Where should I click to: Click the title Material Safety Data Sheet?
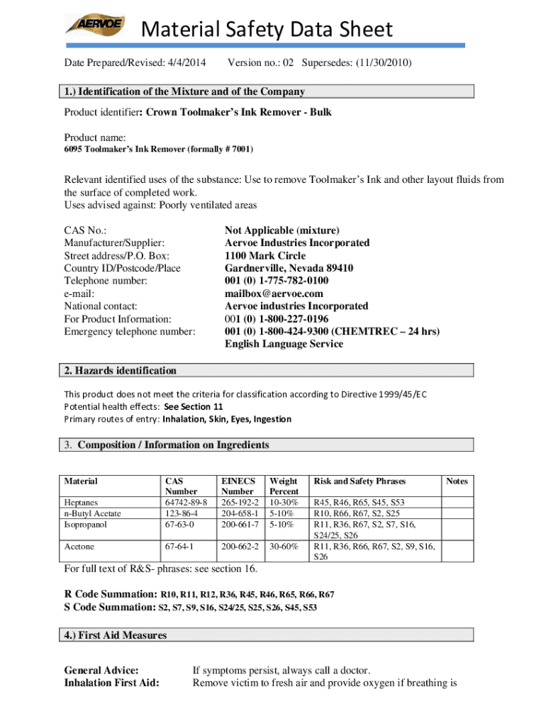pyautogui.click(x=267, y=29)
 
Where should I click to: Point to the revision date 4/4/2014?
pyautogui.click(x=187, y=63)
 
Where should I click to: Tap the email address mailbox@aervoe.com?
pyautogui.click(x=274, y=294)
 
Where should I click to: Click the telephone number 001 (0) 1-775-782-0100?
pyautogui.click(x=277, y=281)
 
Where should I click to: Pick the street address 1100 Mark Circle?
pyautogui.click(x=265, y=255)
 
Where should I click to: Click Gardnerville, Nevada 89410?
pyautogui.click(x=289, y=268)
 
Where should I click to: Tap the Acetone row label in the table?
pyautogui.click(x=79, y=547)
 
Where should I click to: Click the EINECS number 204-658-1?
pyautogui.click(x=238, y=513)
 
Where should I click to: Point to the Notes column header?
pyautogui.click(x=457, y=481)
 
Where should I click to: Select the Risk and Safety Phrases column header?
pyautogui.click(x=360, y=481)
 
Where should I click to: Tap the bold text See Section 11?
pyautogui.click(x=193, y=406)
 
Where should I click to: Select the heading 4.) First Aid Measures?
pyautogui.click(x=116, y=635)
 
